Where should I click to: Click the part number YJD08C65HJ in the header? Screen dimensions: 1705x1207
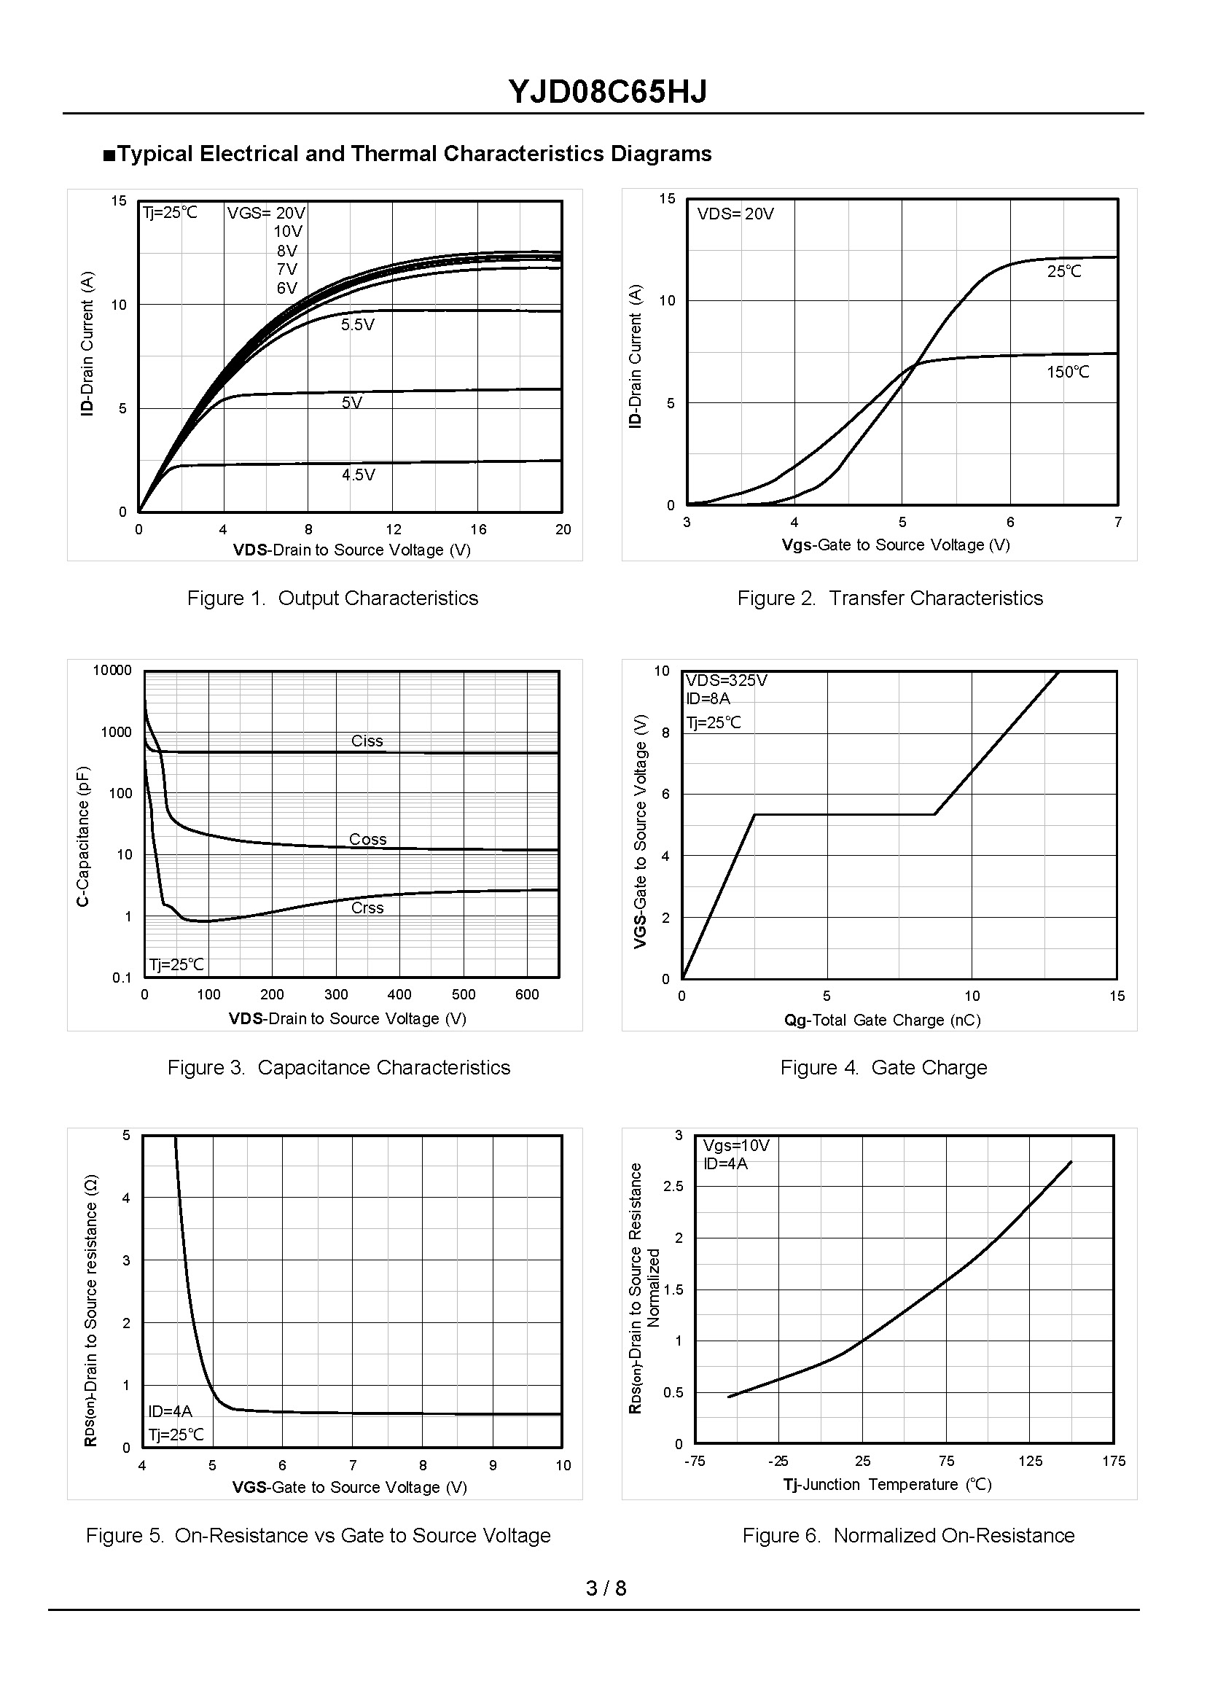coord(607,91)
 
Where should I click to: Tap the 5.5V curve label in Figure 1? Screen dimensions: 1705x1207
coord(357,325)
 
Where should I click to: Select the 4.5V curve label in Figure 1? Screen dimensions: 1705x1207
coord(358,475)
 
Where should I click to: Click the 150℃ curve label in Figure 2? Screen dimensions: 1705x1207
coord(1067,372)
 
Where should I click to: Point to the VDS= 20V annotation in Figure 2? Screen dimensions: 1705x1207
coord(735,214)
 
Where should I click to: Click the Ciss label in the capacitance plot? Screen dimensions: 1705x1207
coord(367,741)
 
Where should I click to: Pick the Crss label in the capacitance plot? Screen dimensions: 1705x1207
coord(367,908)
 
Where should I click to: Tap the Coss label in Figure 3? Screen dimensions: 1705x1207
coord(368,839)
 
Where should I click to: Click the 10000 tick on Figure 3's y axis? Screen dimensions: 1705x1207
coord(112,671)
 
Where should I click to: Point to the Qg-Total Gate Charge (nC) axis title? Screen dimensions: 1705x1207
coord(882,1021)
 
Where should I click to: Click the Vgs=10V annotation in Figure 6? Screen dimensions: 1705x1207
coord(736,1145)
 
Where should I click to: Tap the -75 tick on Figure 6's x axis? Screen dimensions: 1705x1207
coord(694,1462)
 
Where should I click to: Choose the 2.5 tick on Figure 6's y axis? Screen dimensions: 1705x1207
coord(673,1186)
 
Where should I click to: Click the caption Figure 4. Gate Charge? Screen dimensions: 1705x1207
coord(883,1067)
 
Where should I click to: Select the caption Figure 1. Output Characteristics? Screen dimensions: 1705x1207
coord(332,598)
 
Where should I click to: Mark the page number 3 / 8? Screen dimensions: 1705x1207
coord(606,1588)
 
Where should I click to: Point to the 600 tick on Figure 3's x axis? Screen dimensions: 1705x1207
coord(527,994)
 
